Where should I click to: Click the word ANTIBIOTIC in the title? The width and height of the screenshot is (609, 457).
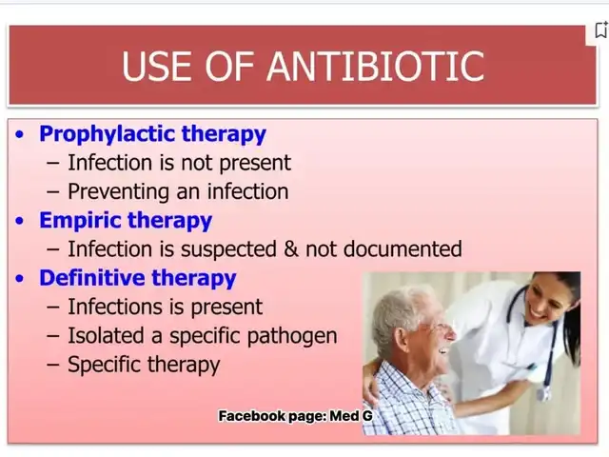tap(376, 66)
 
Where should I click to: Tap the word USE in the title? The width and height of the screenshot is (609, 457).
tap(157, 66)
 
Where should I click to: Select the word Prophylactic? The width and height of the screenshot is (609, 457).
tap(108, 134)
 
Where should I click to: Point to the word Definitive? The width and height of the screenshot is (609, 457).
tap(92, 278)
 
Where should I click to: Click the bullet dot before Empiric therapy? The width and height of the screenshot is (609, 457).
tap(19, 221)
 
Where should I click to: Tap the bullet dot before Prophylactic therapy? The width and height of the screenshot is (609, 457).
tap(19, 134)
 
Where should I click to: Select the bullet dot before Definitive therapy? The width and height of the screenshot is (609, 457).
tap(19, 279)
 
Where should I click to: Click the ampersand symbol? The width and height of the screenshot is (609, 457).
tap(291, 249)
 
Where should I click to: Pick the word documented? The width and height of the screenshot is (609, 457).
tap(403, 248)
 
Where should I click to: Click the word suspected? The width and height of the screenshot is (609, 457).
tap(228, 249)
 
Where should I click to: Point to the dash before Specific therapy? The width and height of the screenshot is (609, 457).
tap(53, 365)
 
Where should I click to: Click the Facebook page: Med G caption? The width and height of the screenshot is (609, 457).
tap(296, 416)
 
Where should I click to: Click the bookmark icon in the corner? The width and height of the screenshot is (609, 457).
tap(601, 30)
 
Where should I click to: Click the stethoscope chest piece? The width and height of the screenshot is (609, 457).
tap(543, 393)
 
